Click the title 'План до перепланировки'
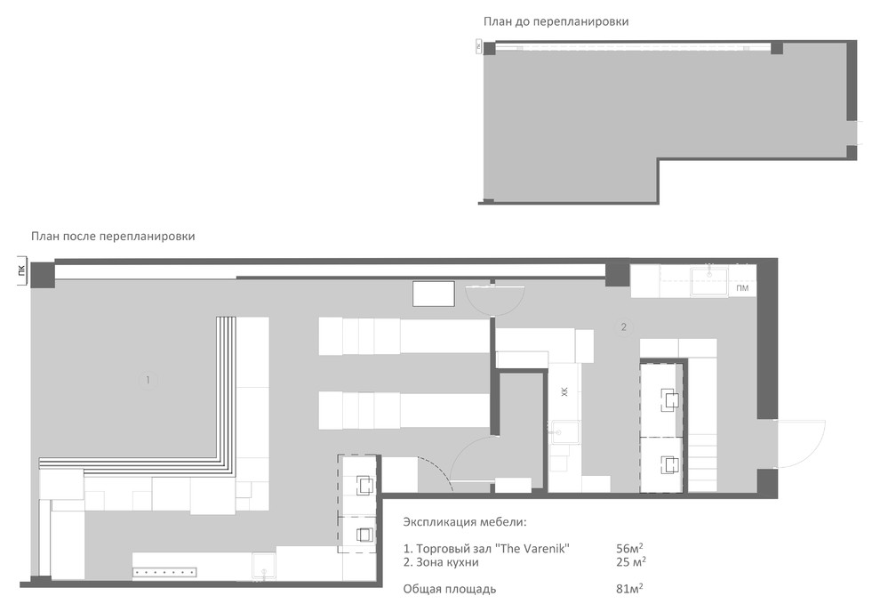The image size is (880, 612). tap(556, 22)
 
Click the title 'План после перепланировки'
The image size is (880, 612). tap(113, 237)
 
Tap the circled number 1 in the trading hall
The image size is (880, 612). tap(148, 380)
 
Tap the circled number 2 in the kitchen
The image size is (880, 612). tap(623, 326)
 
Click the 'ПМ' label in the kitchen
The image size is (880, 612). tap(742, 288)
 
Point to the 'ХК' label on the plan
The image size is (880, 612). tap(564, 391)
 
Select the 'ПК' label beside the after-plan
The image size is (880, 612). tap(22, 270)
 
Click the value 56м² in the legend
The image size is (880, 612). tap(629, 549)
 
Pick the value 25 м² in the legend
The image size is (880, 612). tap(631, 562)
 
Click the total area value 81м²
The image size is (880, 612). tap(629, 589)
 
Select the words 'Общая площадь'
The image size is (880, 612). tap(450, 590)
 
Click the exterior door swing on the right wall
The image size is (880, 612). tap(800, 444)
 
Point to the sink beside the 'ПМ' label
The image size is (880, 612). tap(709, 281)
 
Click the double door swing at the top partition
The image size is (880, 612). tap(496, 299)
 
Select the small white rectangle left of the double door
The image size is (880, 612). tap(433, 294)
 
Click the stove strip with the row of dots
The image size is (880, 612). tap(164, 573)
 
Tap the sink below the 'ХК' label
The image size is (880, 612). tap(565, 432)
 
